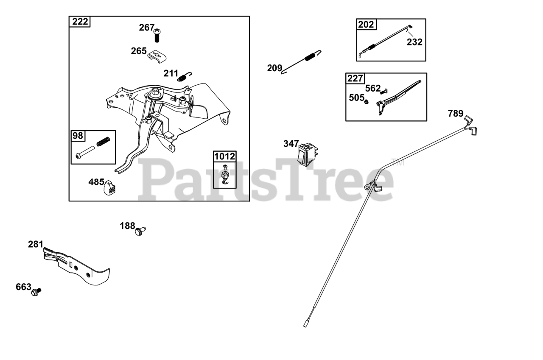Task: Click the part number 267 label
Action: [147, 28]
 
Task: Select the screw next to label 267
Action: [157, 35]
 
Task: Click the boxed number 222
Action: [80, 22]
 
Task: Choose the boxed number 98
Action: [78, 136]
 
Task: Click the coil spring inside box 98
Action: [104, 142]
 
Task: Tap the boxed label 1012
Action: [224, 156]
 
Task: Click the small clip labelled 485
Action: [110, 187]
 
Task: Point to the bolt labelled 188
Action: [140, 231]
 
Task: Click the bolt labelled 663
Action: [36, 292]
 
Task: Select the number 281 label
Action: [35, 244]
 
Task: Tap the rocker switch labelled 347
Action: [307, 154]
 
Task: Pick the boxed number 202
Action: [366, 24]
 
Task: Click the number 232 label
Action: [414, 42]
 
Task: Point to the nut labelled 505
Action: [367, 102]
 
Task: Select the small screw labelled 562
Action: [384, 91]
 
